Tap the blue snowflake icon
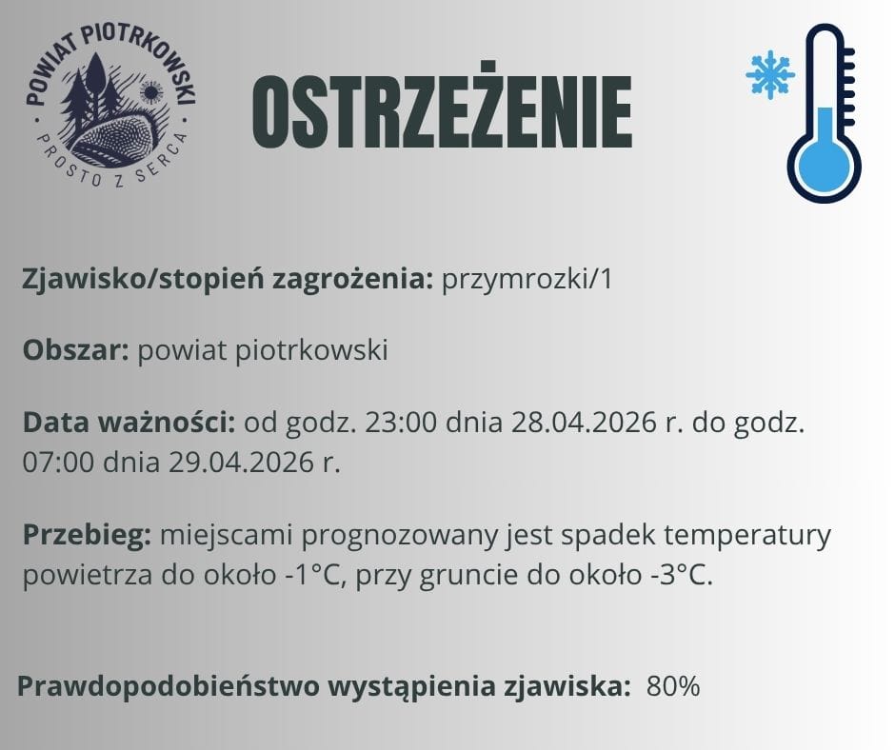pos(769,74)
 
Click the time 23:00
pos(390,422)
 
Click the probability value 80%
pos(673,685)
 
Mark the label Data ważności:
pos(129,422)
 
